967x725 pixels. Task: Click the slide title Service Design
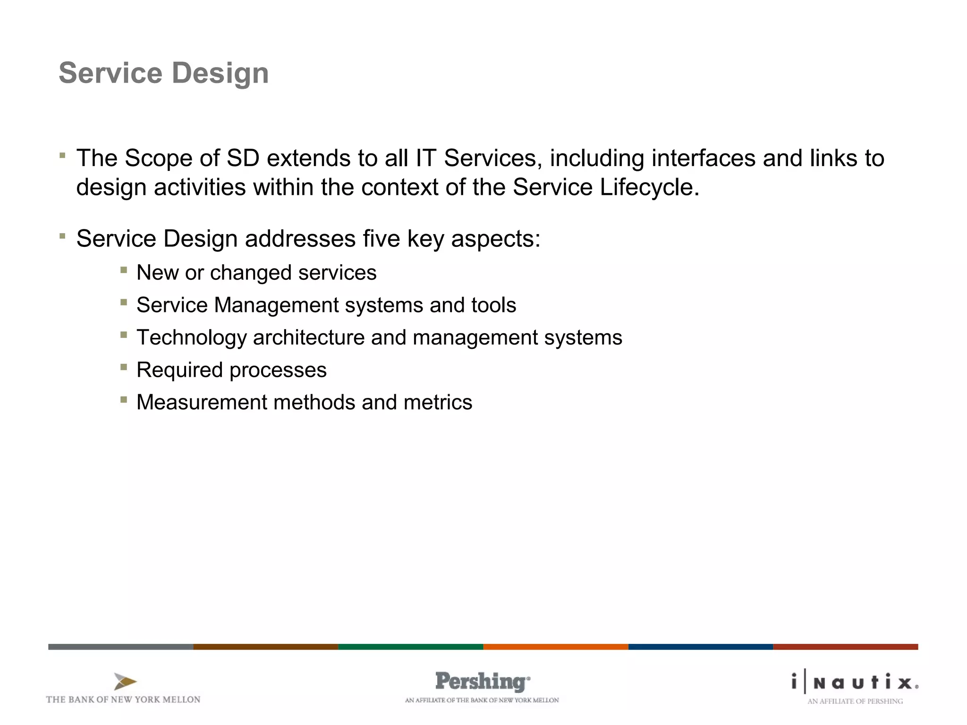coord(163,73)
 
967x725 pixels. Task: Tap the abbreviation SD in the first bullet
coord(243,158)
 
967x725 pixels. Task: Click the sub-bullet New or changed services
coord(256,273)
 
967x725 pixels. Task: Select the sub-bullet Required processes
coord(231,370)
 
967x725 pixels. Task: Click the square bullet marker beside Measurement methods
coord(124,400)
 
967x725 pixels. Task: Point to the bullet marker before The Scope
coord(62,155)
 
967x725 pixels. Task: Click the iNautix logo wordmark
coord(855,683)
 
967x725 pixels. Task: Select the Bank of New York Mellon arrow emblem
coord(125,682)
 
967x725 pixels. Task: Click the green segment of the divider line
coord(411,647)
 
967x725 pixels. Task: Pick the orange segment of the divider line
coord(556,647)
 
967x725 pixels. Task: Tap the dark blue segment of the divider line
coord(701,647)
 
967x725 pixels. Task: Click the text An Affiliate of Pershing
coord(855,701)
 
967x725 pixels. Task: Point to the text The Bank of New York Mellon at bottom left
coord(123,700)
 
